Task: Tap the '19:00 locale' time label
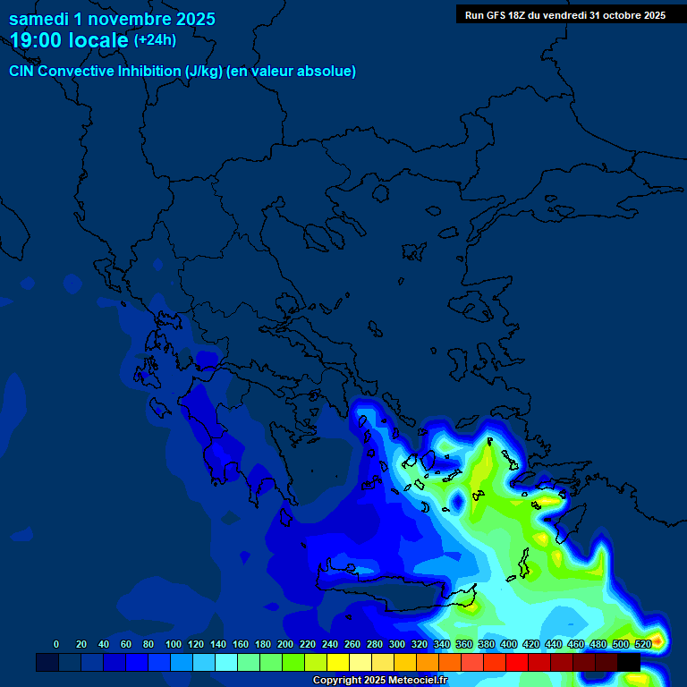[x=70, y=40]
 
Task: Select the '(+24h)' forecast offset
[x=155, y=40]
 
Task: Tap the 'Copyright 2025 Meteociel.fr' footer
[x=379, y=681]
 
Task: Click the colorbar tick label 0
[x=56, y=644]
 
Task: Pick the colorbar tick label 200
[x=285, y=644]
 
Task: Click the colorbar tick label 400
[x=509, y=644]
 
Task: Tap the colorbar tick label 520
[x=642, y=644]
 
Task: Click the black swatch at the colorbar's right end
[x=629, y=663]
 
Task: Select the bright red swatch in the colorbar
[x=517, y=663]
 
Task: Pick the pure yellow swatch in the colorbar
[x=338, y=663]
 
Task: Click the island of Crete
[x=394, y=590]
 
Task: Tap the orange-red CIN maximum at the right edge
[x=658, y=640]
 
